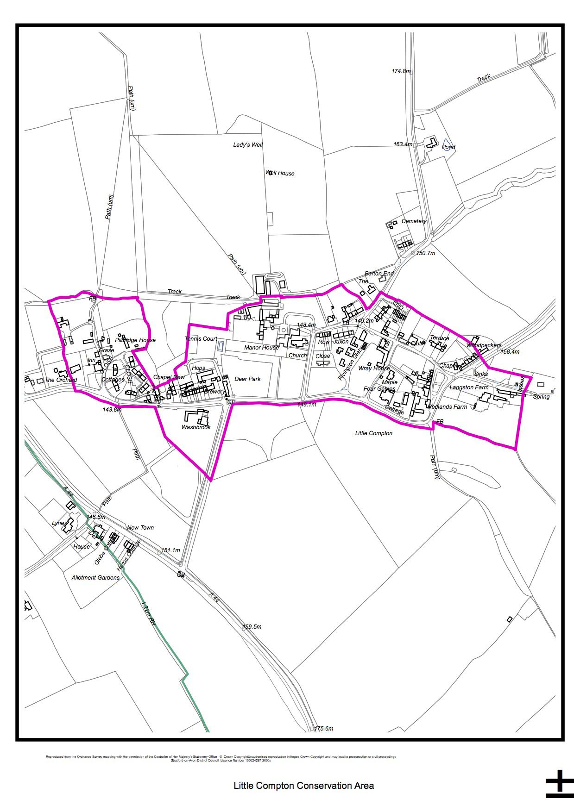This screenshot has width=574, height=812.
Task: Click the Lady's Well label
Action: tap(247, 145)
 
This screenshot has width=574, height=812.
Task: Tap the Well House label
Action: tap(280, 174)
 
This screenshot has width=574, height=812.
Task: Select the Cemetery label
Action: tap(414, 221)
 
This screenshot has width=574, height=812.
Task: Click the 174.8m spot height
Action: tap(401, 71)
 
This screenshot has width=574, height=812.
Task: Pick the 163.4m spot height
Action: tap(403, 144)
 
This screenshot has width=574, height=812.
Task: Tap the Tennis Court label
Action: tap(201, 339)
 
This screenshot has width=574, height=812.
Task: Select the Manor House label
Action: tap(261, 348)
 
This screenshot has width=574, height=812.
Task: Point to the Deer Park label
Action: tap(247, 379)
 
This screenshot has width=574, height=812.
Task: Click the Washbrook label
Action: tap(196, 427)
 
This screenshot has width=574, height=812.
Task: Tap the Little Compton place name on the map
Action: tap(373, 433)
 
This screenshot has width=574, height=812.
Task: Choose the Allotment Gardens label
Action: tap(95, 578)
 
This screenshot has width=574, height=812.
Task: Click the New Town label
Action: tap(140, 528)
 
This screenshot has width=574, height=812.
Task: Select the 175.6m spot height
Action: tap(324, 729)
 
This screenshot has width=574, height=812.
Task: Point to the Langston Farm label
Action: tap(469, 387)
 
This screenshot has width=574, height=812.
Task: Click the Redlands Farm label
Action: tap(448, 407)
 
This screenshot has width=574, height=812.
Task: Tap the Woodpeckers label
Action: tap(484, 345)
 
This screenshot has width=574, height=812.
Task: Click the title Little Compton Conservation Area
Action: tap(303, 786)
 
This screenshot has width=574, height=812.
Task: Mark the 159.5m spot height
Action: tap(252, 627)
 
